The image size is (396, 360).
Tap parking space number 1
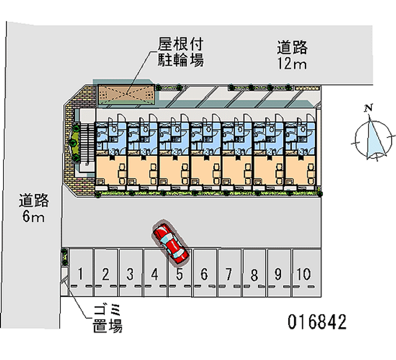click(81, 273)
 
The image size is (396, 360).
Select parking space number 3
click(130, 273)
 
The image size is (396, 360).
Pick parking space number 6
click(204, 273)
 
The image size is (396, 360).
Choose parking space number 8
click(254, 273)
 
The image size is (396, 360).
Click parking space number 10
click(304, 273)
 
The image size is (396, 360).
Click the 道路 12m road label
click(292, 55)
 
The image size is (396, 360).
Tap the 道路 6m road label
click(34, 208)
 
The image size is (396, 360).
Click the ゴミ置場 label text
click(107, 319)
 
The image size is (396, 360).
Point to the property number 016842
click(317, 322)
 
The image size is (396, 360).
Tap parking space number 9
click(279, 273)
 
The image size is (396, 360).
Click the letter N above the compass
click(368, 108)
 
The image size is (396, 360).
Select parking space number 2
click(105, 273)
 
